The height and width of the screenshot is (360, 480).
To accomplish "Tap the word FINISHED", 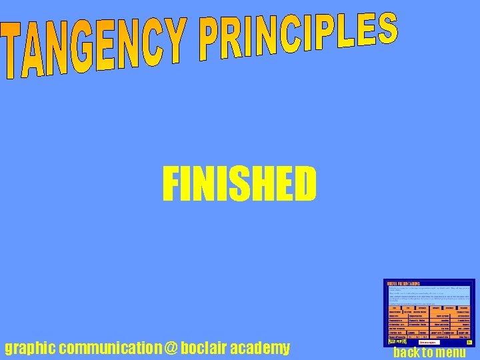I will [239, 185].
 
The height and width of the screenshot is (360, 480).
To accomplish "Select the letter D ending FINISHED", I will [305, 185].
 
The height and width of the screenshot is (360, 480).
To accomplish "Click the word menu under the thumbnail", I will [449, 353].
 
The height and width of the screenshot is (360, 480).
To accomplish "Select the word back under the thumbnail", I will [406, 353].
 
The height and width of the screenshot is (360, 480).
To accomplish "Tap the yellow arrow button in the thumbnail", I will [469, 343].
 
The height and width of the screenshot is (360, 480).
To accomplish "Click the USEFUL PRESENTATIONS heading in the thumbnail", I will [401, 283].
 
